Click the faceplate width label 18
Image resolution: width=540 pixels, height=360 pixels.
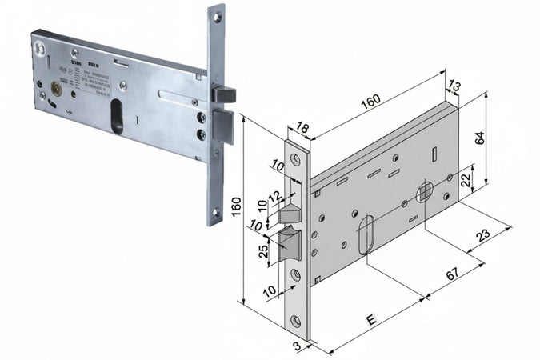302,126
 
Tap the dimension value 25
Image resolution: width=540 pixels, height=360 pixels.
263,250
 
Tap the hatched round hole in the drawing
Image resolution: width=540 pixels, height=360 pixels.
424,191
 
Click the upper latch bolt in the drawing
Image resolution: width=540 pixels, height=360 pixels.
289,214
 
